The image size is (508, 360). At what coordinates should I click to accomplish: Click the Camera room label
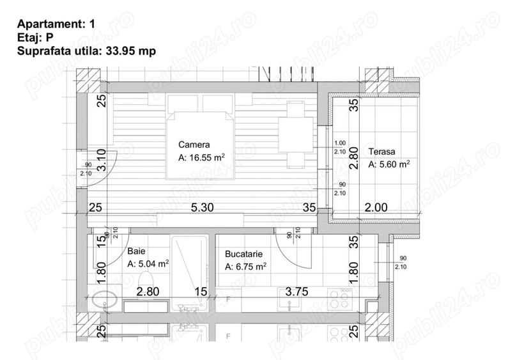pyautogui.click(x=194, y=145)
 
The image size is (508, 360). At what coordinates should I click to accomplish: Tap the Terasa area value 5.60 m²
pyautogui.click(x=389, y=164)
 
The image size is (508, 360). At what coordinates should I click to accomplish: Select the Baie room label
pyautogui.click(x=136, y=251)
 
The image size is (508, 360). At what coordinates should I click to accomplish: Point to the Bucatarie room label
pyautogui.click(x=243, y=254)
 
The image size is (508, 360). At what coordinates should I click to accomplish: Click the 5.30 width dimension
pyautogui.click(x=202, y=208)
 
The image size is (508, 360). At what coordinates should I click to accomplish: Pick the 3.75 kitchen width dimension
pyautogui.click(x=296, y=292)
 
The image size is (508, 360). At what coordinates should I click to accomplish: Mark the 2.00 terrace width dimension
pyautogui.click(x=376, y=207)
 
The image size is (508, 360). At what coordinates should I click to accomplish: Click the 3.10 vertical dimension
pyautogui.click(x=102, y=160)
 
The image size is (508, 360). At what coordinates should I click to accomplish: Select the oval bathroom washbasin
pyautogui.click(x=104, y=300)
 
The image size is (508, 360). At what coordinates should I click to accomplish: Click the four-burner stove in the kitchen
pyautogui.click(x=340, y=298)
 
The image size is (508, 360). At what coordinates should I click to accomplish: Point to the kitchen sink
pyautogui.click(x=290, y=299)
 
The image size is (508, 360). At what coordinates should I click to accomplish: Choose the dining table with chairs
pyautogui.click(x=296, y=134)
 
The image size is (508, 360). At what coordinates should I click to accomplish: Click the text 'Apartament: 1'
pyautogui.click(x=56, y=24)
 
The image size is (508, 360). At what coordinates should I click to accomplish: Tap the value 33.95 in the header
pyautogui.click(x=120, y=51)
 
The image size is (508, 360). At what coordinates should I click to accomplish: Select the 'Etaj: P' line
pyautogui.click(x=35, y=38)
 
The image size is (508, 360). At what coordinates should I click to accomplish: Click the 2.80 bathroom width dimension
pyautogui.click(x=148, y=292)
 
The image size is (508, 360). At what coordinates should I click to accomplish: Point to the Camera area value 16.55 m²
pyautogui.click(x=201, y=158)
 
